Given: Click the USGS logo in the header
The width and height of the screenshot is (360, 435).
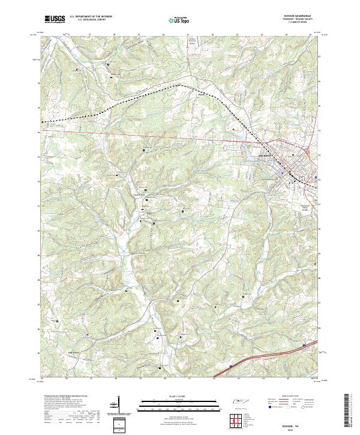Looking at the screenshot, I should tap(56, 19).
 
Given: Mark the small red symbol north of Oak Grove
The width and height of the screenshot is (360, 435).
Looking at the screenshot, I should tap(87, 335).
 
